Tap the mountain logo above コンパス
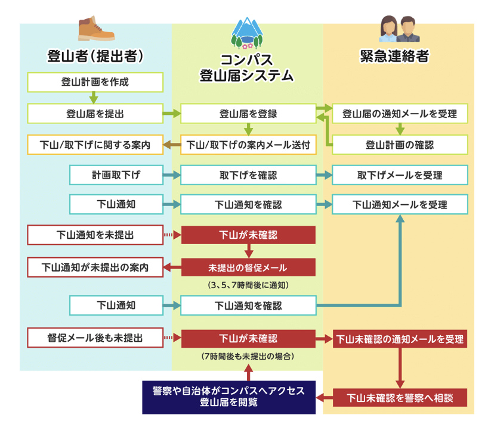pos(248,32)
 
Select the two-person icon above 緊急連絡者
pos(398,29)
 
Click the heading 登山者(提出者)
pos(96,57)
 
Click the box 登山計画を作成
pos(95,82)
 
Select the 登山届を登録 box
pos(248,113)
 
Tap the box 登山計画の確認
pos(400,144)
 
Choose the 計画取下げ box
pos(116,175)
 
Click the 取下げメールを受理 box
pos(400,175)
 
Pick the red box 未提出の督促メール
pos(248,267)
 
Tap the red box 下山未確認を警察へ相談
pos(400,397)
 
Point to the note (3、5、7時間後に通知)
pos(248,285)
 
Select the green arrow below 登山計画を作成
pos(94,98)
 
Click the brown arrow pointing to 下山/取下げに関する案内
pos(172,145)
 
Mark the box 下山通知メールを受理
pos(400,204)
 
